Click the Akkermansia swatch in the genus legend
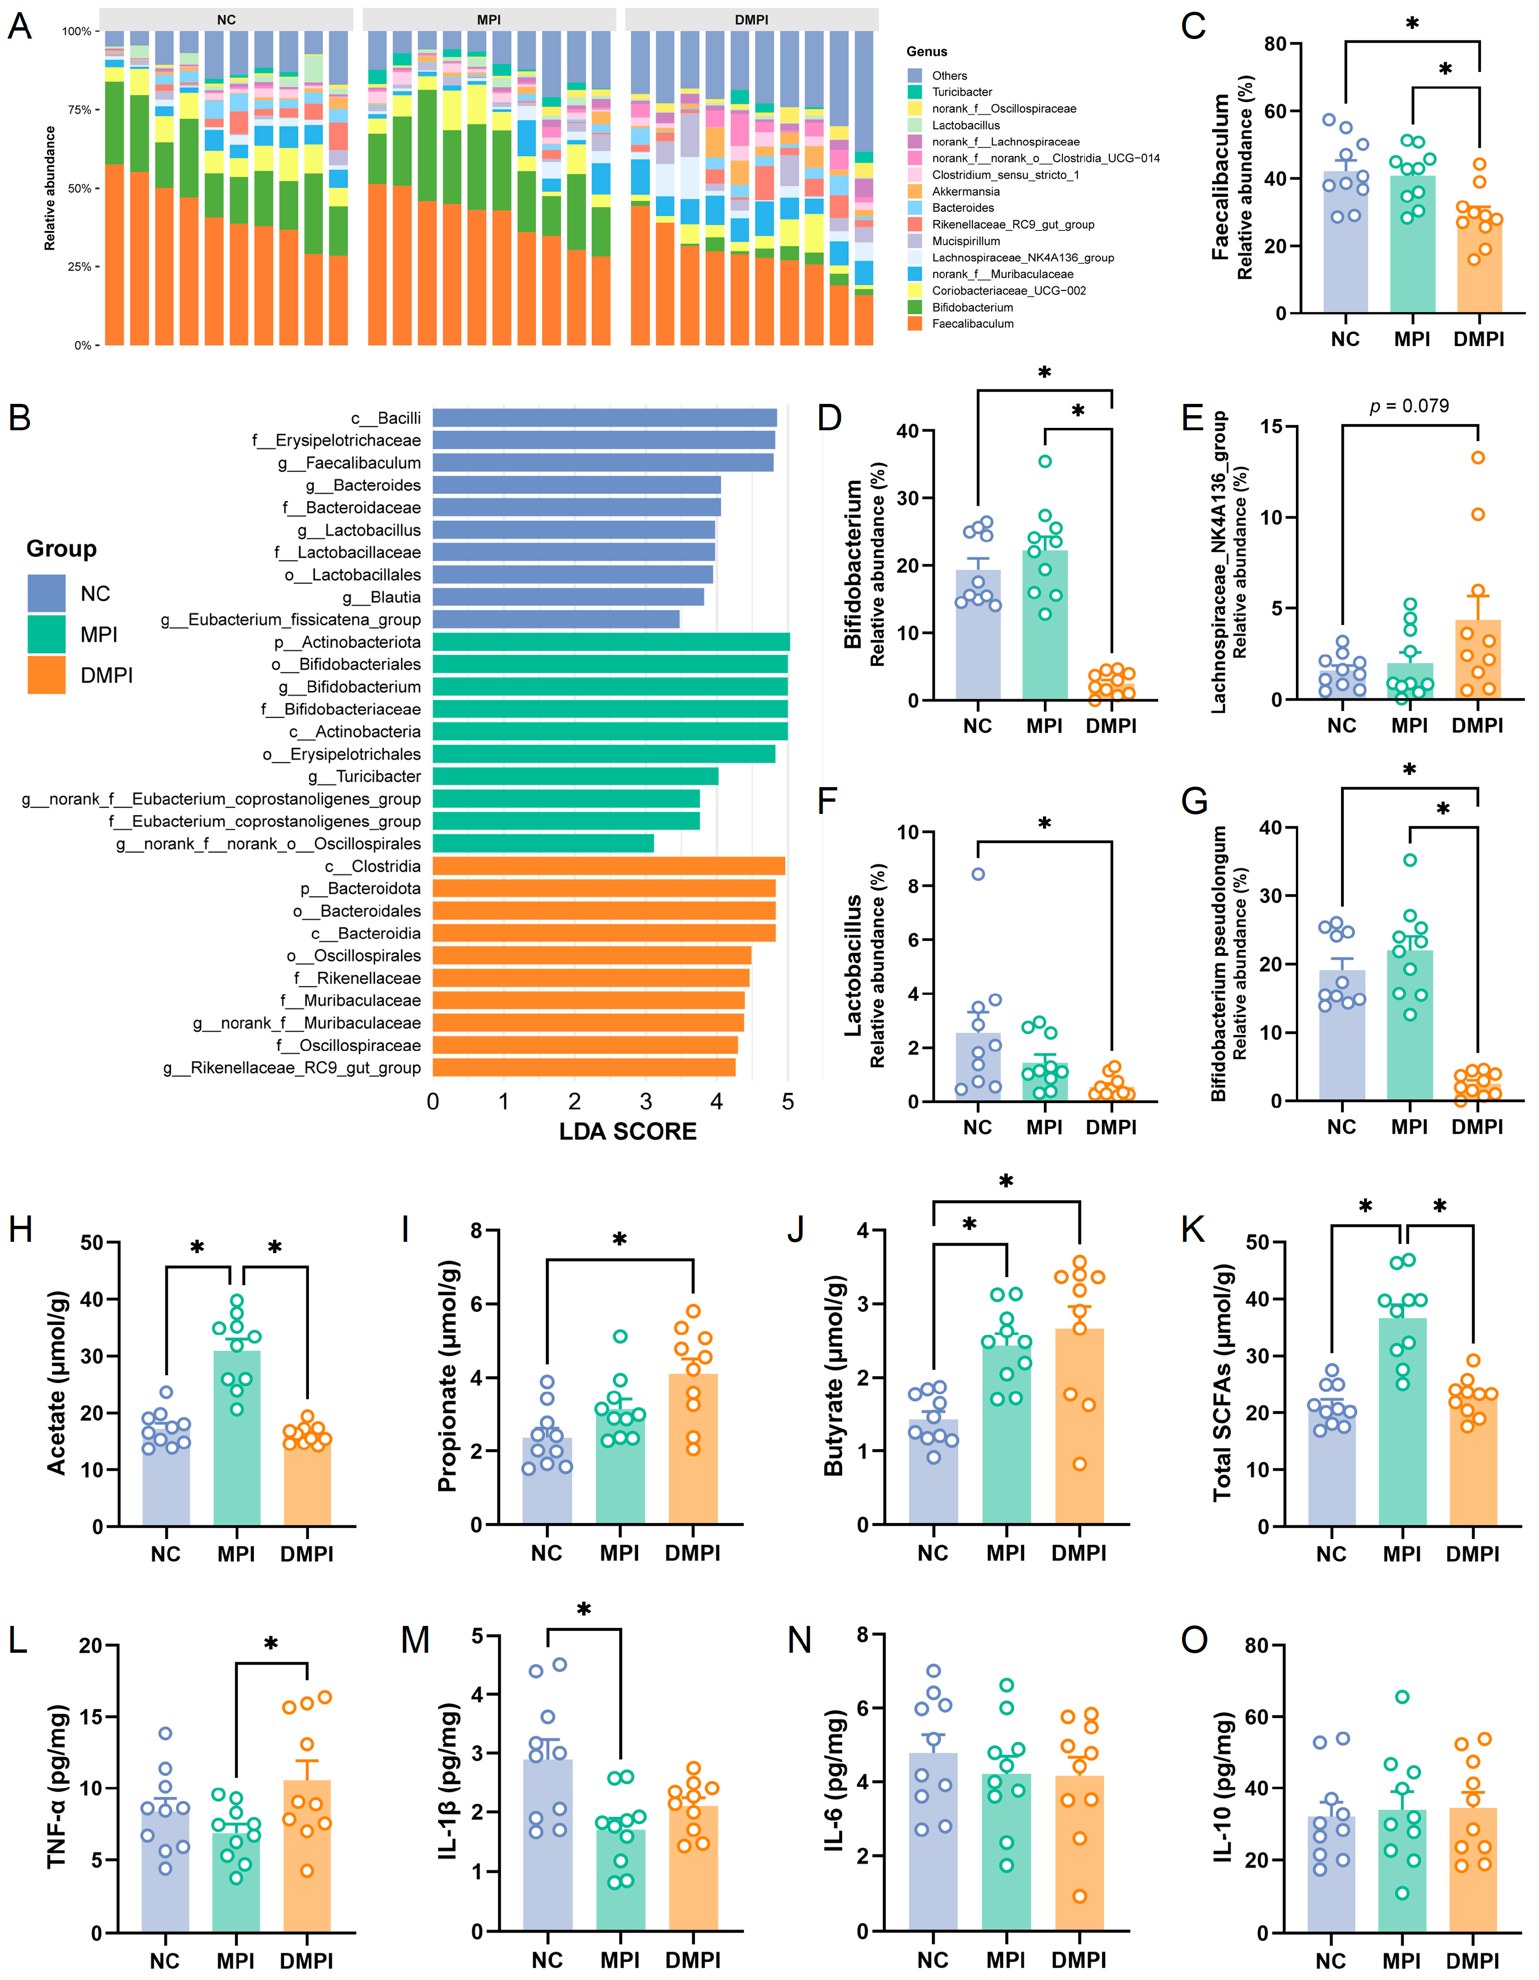[915, 191]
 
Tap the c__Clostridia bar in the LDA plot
[608, 866]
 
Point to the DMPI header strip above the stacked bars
[751, 19]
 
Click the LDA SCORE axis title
[627, 1131]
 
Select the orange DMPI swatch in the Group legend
[46, 675]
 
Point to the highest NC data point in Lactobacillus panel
[978, 874]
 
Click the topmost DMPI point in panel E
[1477, 458]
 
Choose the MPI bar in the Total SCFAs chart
[1402, 1421]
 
